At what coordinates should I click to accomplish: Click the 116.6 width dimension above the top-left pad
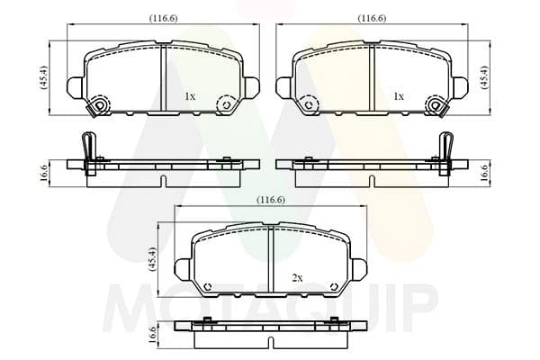click(163, 18)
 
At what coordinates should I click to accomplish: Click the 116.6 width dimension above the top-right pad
click(372, 18)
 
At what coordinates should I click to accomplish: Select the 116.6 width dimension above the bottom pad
click(271, 200)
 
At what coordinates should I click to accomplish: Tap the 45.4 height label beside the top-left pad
click(45, 77)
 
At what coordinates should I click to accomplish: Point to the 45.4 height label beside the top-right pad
click(484, 77)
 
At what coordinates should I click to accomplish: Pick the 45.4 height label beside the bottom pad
click(152, 259)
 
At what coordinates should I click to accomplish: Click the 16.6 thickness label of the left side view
click(45, 174)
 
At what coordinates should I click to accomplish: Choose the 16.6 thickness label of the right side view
click(484, 174)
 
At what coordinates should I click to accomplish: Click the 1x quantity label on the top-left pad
click(190, 96)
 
